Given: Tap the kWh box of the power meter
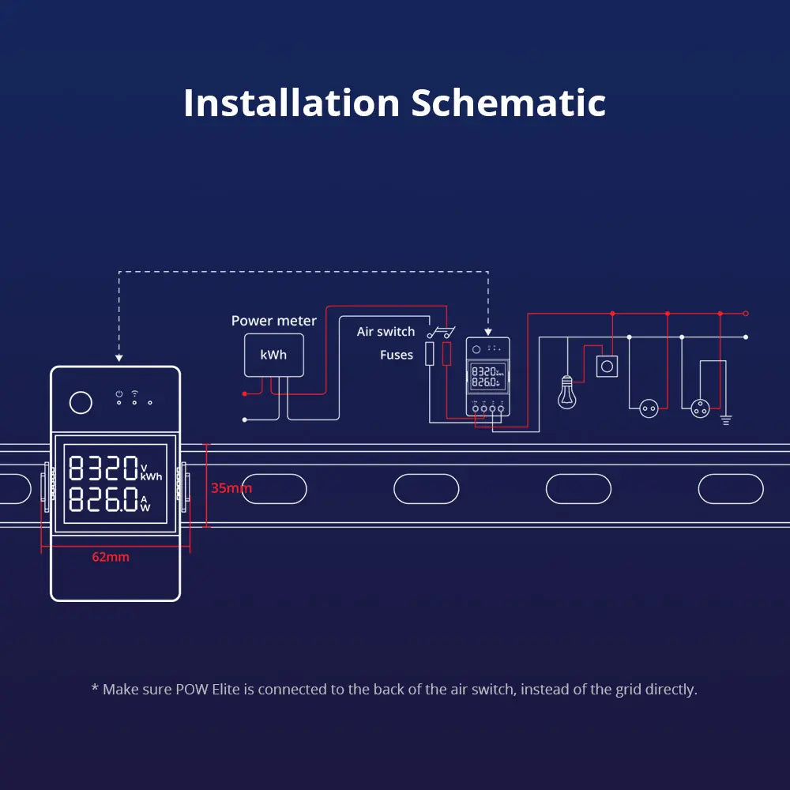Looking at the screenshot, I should coord(273,355).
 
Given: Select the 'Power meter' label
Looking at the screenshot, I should coord(273,321).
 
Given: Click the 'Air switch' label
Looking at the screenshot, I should coord(386,332).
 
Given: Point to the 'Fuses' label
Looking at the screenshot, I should coord(397,355).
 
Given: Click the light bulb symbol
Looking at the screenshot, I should coord(566,392).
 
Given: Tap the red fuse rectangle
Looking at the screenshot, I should coord(447,354).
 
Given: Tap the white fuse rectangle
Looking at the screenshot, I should coord(430,354).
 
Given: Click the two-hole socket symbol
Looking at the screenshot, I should coord(649,408).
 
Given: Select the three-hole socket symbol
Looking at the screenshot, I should coord(700,408).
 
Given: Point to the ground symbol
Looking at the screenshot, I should coord(726,419).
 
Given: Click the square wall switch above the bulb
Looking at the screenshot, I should coord(607,367).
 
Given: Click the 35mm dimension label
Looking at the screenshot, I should coord(231,488).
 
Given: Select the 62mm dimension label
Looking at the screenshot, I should coord(111,557).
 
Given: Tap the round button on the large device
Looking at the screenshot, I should coord(81,403).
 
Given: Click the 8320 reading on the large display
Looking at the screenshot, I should coord(103,469).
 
